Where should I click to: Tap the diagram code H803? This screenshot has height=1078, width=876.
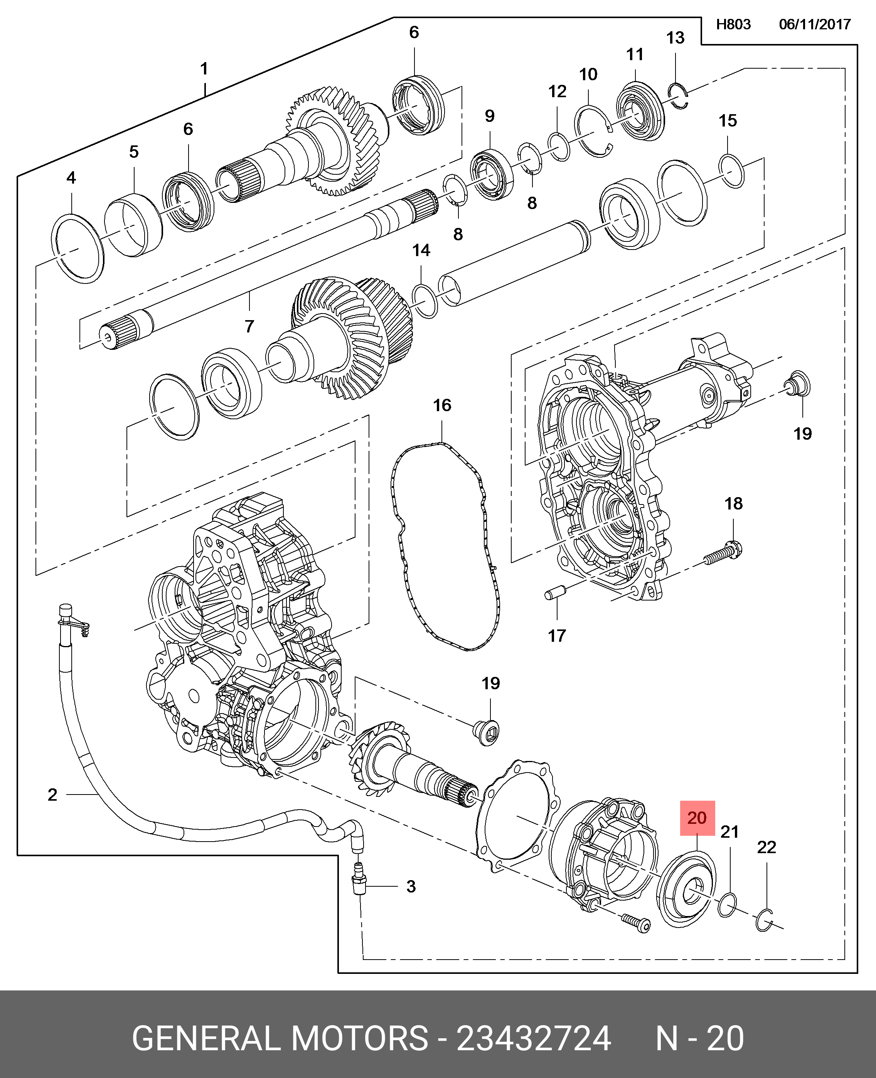734,24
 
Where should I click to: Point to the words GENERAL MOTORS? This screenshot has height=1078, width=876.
280,1034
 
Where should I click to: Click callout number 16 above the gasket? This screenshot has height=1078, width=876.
442,405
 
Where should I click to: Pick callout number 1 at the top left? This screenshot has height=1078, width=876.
204,69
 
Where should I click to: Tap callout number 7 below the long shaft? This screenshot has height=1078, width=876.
249,327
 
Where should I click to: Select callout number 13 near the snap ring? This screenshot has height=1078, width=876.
675,38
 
